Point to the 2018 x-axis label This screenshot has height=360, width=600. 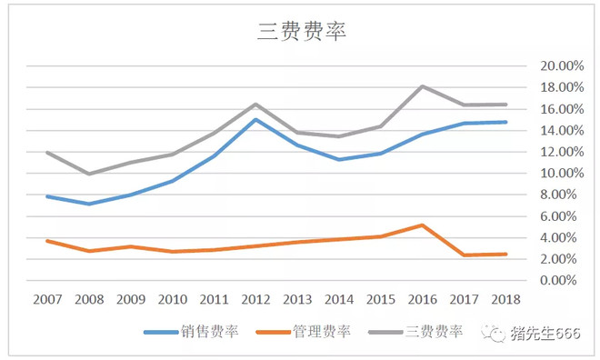505,298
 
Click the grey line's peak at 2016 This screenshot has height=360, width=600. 423,86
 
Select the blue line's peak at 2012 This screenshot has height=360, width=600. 255,119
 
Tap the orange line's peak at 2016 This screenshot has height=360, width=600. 423,225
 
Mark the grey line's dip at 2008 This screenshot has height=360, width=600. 88,174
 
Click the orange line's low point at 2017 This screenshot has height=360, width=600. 465,255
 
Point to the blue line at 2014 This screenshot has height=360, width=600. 339,159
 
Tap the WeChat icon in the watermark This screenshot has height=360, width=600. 497,334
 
